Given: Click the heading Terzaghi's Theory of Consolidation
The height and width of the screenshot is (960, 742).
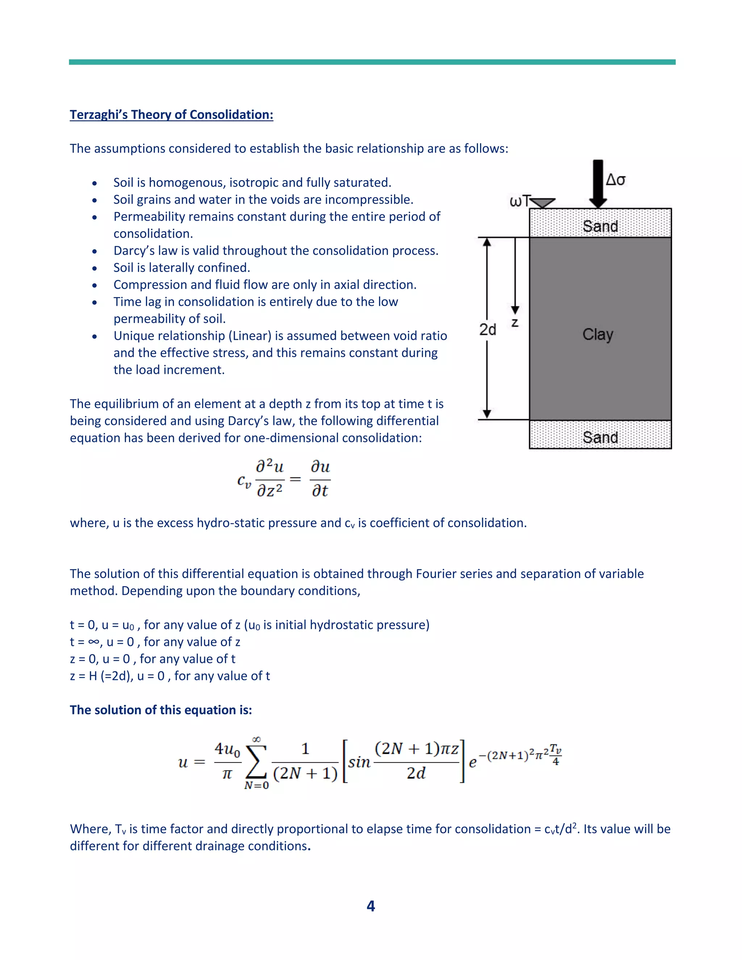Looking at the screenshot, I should point(171,115).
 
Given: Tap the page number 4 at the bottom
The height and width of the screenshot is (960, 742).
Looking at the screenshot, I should point(371,906).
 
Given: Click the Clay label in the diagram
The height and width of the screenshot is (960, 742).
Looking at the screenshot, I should point(597,334).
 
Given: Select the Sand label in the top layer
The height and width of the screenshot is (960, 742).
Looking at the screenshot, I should point(600,226).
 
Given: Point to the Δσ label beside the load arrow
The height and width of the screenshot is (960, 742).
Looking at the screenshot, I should point(616,180).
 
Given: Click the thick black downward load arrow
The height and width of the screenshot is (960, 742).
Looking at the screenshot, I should point(598,183).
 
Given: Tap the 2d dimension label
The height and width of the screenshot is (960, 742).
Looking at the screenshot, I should point(488,329).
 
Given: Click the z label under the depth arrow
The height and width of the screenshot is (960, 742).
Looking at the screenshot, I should point(515,323).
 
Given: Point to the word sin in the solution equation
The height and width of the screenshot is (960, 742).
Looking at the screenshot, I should point(359,762).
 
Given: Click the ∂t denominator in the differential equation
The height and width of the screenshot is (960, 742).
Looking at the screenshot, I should point(320,491).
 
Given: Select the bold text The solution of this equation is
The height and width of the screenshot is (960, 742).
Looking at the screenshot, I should point(161,710).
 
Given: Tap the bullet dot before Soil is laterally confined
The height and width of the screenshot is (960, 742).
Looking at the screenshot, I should point(95,268).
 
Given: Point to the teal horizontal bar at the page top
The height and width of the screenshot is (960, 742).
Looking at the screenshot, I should point(372,62).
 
